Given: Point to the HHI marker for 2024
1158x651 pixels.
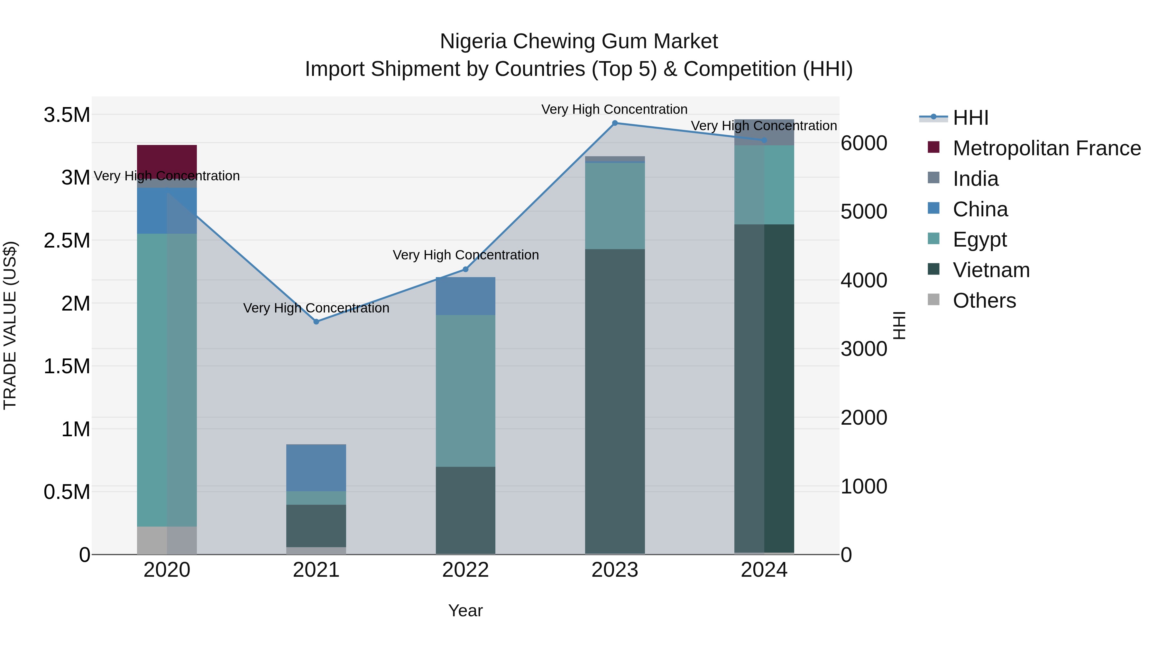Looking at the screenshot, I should pos(764,140).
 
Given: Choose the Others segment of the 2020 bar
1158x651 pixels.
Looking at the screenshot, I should pos(167,540).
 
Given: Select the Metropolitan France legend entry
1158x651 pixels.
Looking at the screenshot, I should pos(1046,148).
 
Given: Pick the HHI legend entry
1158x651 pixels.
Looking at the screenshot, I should pos(970,118).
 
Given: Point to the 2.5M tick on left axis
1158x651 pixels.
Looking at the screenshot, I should pos(67,240).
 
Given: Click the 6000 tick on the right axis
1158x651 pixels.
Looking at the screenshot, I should pos(864,143).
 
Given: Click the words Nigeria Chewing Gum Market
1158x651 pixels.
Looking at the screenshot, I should pos(579,41).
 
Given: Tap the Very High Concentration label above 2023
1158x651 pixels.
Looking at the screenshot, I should pos(614,109).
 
